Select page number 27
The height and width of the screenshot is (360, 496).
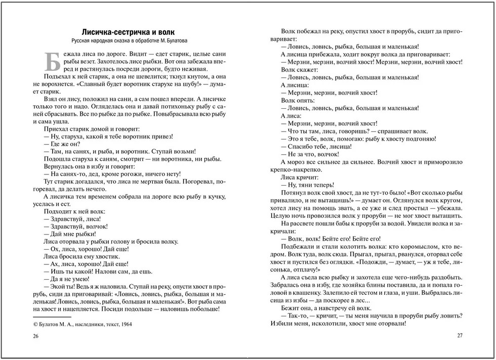click(460, 335)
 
